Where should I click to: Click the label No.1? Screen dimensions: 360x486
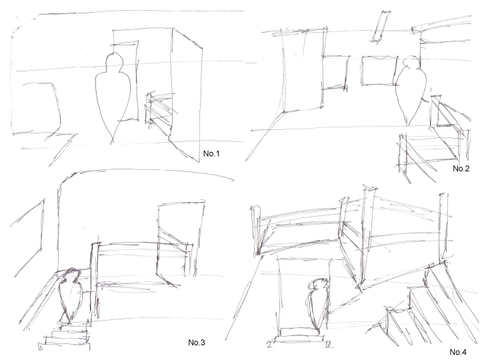212,154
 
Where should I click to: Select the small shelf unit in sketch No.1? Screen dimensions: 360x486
158,109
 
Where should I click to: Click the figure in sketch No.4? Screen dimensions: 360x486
317,303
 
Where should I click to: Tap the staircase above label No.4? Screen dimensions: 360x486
433,300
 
